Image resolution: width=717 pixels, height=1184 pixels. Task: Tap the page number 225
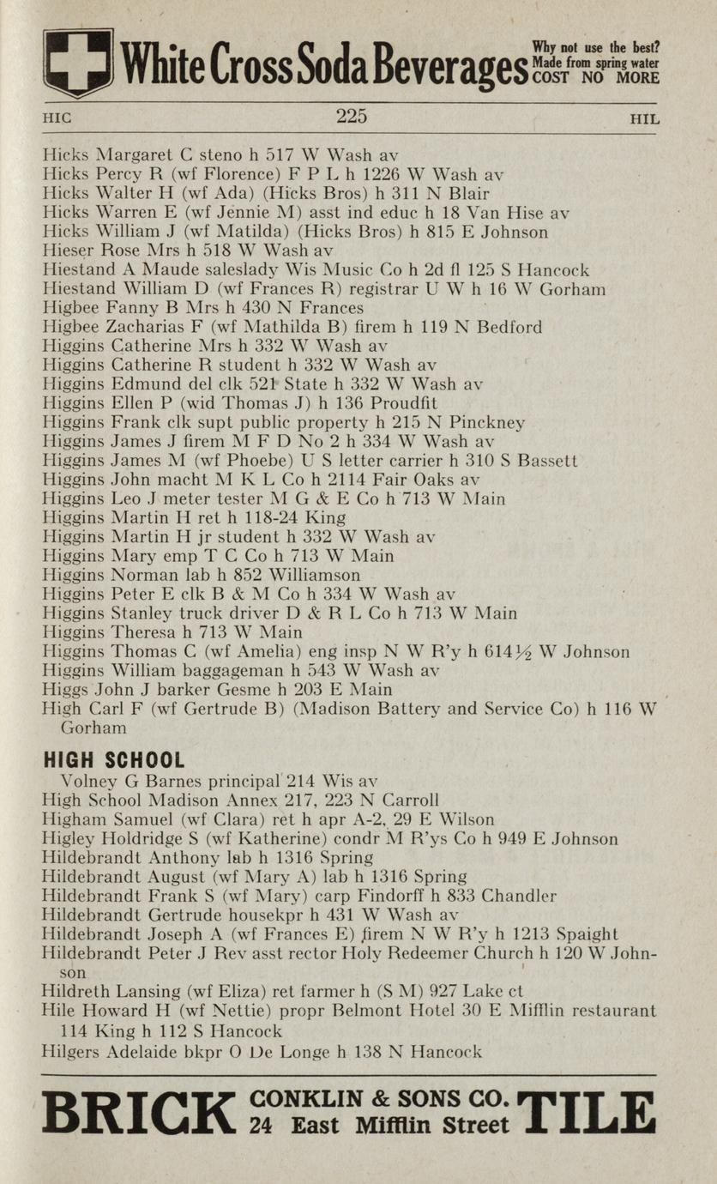point(352,117)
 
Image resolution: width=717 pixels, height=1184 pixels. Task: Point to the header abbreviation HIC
point(57,119)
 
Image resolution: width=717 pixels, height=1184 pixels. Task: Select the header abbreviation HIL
point(644,120)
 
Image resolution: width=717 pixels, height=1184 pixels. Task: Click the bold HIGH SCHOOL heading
point(113,760)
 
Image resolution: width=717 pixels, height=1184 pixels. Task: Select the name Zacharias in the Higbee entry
point(142,327)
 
